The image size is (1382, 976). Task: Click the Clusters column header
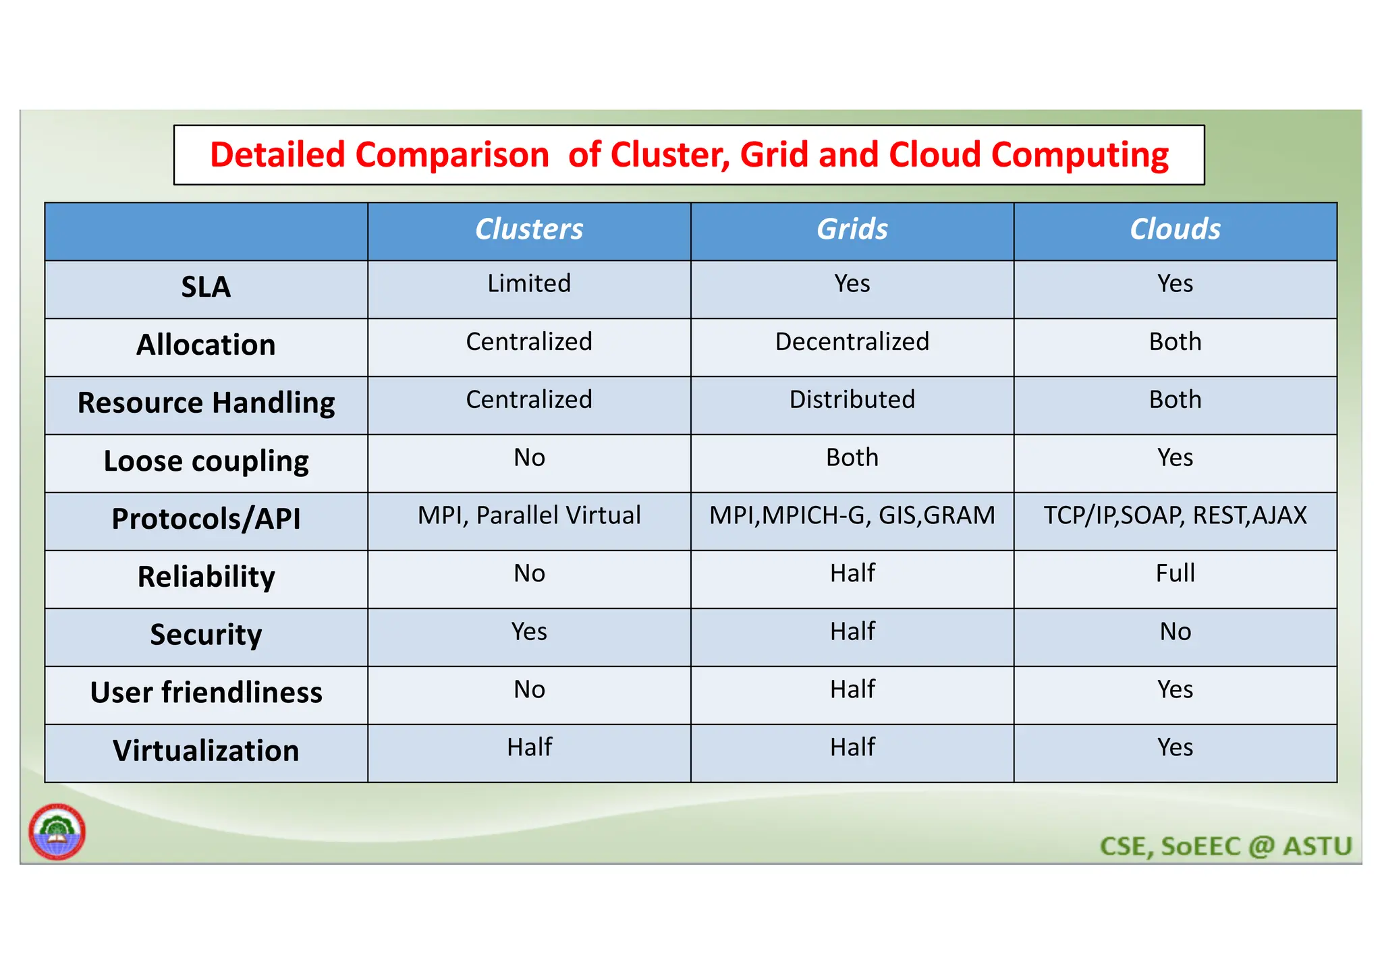[x=529, y=229]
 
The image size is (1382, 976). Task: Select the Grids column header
[x=852, y=229]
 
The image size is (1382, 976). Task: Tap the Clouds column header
[x=1175, y=229]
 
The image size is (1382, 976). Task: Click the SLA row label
[x=206, y=287]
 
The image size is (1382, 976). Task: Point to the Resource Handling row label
[x=206, y=403]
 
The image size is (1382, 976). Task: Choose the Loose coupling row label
[x=206, y=461]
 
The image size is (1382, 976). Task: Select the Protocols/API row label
[x=206, y=519]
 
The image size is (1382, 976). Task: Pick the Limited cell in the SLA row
[x=529, y=283]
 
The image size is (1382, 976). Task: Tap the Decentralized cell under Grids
[x=852, y=341]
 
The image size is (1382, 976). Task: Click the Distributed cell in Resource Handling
[x=852, y=399]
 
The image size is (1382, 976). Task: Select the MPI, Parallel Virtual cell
[x=529, y=515]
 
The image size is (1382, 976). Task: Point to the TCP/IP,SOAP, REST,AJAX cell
[x=1175, y=515]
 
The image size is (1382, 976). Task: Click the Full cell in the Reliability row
[x=1175, y=573]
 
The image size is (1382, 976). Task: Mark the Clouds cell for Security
[x=1175, y=631]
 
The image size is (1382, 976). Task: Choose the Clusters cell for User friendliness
[x=529, y=689]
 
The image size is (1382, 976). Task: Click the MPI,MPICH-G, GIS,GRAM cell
[x=852, y=515]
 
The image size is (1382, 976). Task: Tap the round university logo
[x=57, y=832]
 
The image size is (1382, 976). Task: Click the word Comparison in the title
[x=451, y=155]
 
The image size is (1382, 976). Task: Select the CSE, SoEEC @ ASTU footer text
[x=1226, y=846]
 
